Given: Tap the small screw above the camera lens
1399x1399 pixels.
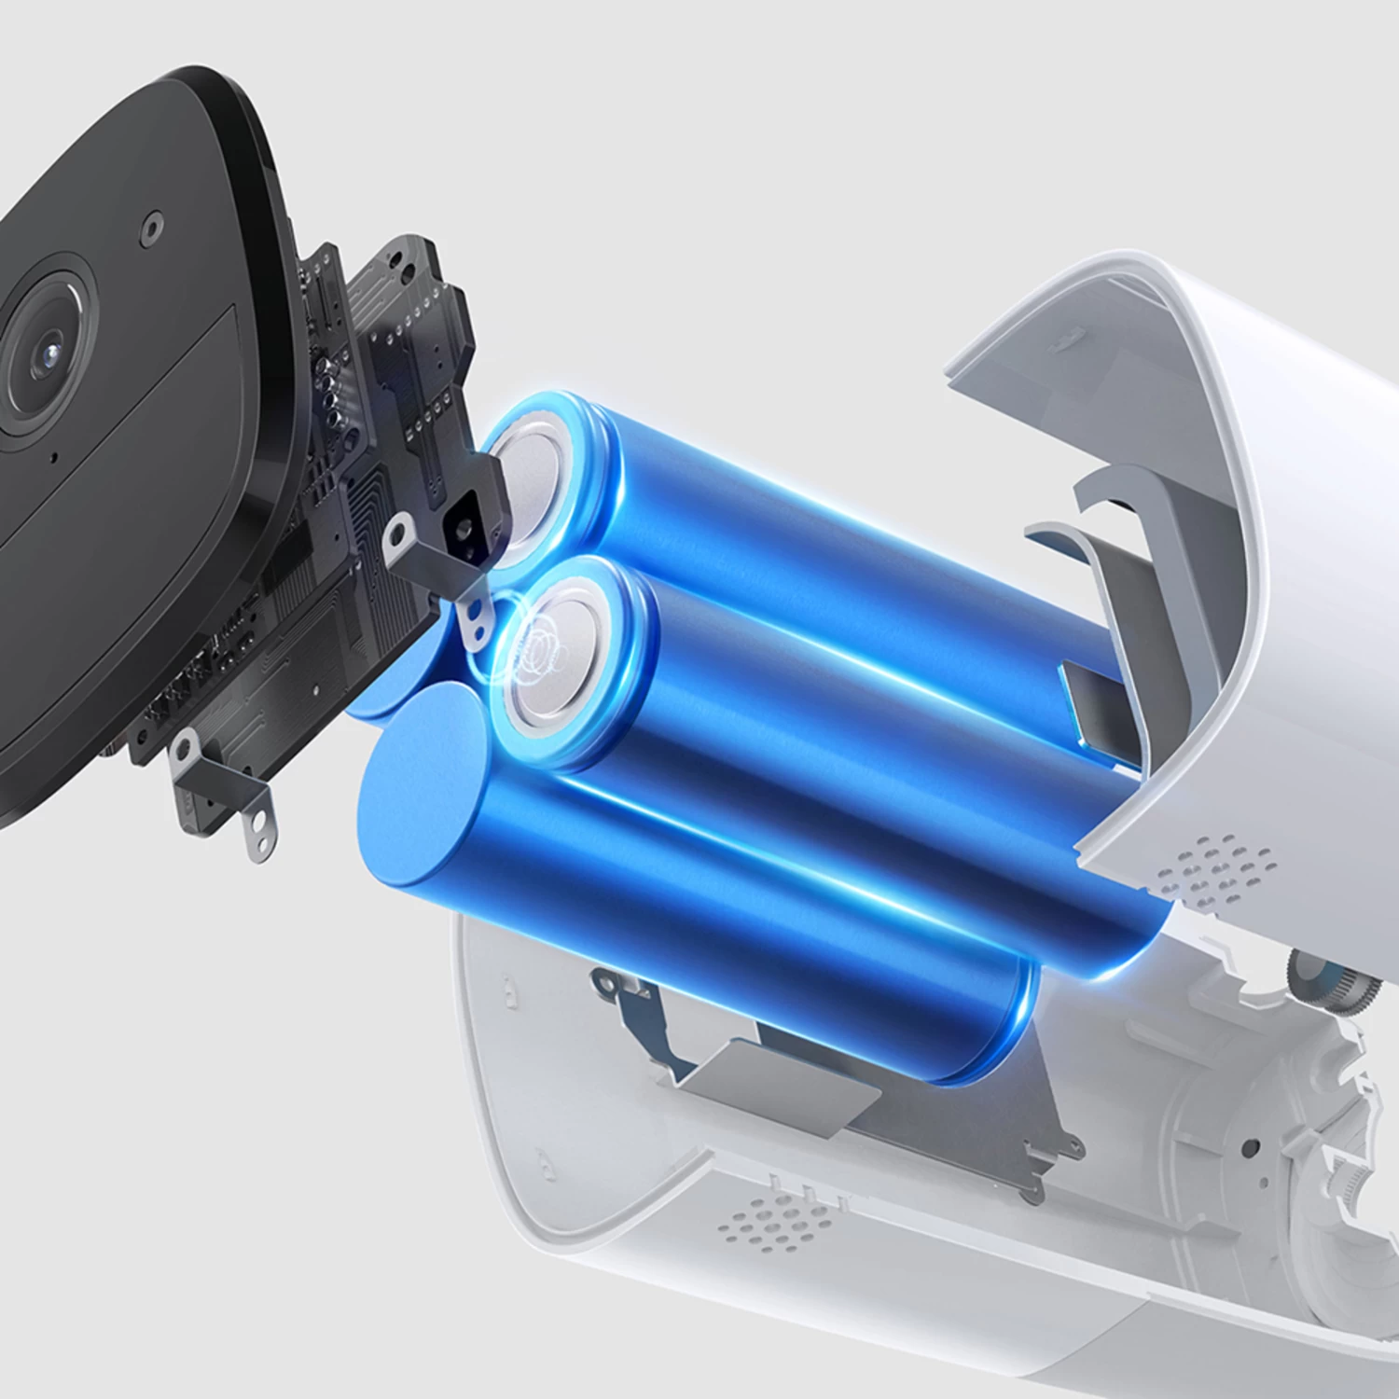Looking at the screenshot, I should tap(150, 226).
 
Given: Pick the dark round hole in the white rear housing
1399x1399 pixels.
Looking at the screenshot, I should tap(1251, 1146).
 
